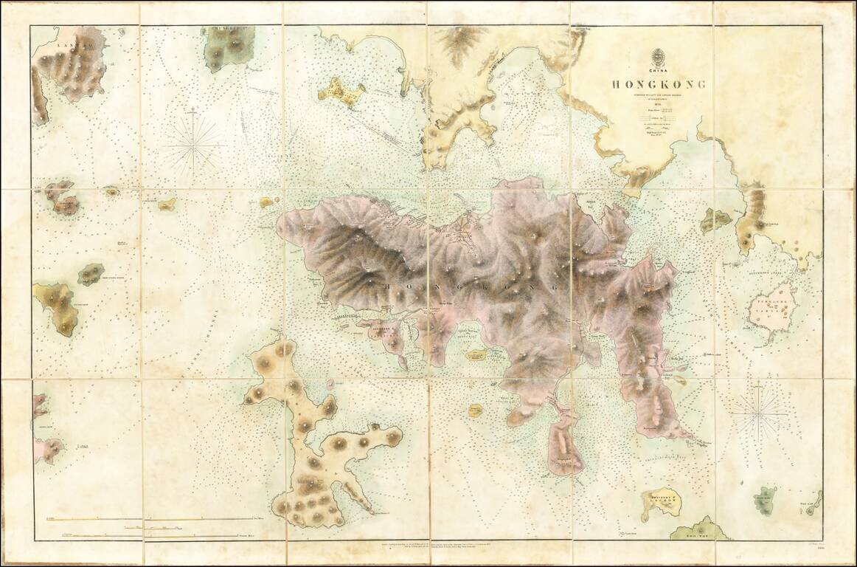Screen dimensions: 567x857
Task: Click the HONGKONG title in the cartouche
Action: [x=658, y=84]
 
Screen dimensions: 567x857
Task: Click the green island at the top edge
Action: [x=228, y=49]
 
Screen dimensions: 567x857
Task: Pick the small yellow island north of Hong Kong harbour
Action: [x=341, y=92]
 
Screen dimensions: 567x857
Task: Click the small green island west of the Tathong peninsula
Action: [x=715, y=219]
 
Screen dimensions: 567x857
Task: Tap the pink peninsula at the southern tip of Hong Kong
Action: [x=564, y=443]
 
